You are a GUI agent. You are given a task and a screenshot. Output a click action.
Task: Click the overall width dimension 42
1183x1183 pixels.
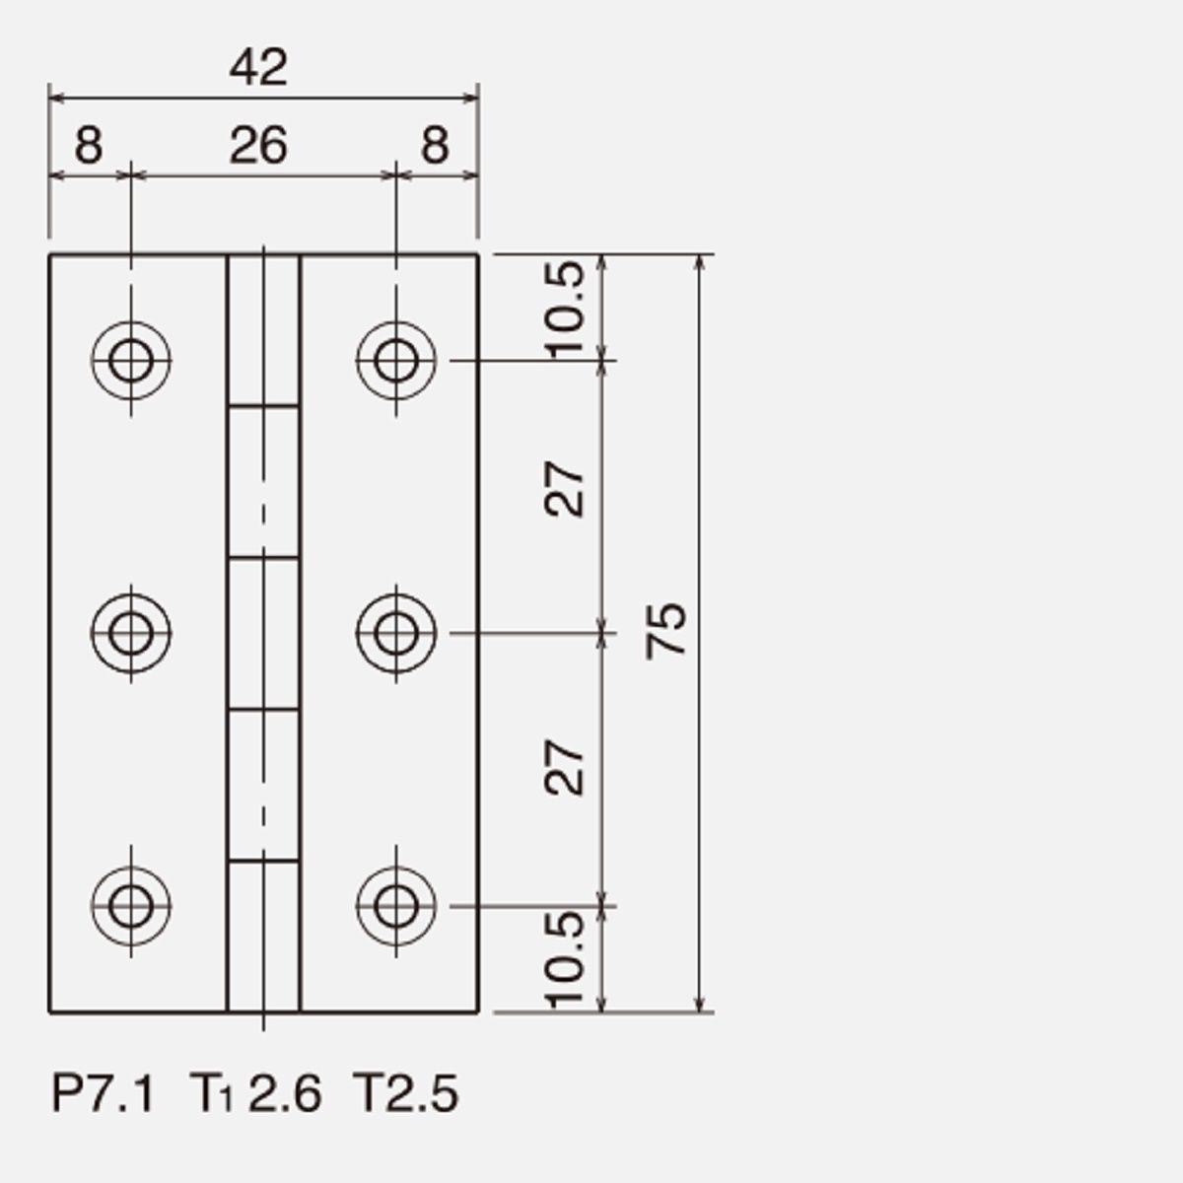pos(258,68)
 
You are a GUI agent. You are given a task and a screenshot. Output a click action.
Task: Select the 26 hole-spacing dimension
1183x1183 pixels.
pos(258,146)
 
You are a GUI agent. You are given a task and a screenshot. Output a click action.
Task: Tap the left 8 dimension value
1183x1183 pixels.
pos(89,146)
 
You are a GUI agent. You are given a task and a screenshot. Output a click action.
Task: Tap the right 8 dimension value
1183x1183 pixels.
pos(436,146)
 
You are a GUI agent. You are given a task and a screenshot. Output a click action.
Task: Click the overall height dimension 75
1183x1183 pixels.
pos(666,632)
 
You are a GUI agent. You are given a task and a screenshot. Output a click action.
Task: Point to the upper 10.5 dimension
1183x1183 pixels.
pos(565,310)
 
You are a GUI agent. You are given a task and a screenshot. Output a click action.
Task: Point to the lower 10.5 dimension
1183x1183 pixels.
pos(565,959)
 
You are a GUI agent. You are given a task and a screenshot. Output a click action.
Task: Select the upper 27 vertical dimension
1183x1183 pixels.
pos(565,489)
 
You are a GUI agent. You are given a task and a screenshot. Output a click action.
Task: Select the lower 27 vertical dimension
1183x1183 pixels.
pos(565,767)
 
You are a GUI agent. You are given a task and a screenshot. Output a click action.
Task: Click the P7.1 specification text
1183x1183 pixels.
pos(103,1093)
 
